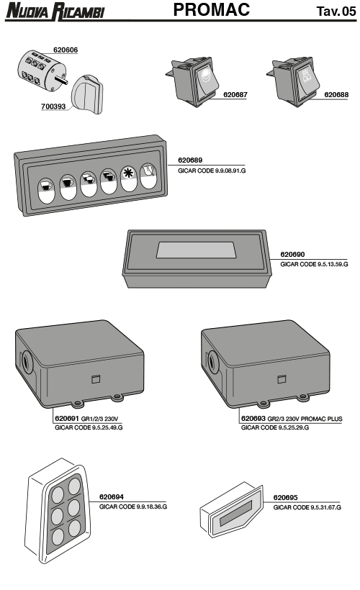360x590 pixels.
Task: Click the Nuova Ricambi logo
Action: coord(55,11)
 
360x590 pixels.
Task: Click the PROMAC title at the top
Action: coord(212,10)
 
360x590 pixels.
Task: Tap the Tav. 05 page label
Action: coord(336,12)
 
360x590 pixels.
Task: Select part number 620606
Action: coord(66,50)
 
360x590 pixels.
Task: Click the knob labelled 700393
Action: coord(87,94)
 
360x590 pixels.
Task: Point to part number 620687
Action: coord(235,95)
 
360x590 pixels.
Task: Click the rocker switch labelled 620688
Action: coord(293,81)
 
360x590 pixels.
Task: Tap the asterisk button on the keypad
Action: coord(129,178)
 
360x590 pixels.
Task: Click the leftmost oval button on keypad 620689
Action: coord(47,191)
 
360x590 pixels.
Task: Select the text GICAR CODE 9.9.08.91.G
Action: coord(212,171)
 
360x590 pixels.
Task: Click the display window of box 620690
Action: coord(196,250)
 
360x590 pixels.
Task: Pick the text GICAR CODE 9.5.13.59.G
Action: coord(314,265)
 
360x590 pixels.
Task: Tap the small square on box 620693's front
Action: coord(282,379)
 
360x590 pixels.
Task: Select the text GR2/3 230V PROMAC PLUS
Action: coord(305,419)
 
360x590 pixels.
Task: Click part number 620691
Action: coord(67,419)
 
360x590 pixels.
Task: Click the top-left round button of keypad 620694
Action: coord(58,495)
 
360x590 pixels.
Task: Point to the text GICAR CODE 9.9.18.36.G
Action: coord(133,507)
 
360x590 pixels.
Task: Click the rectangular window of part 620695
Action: coord(236,512)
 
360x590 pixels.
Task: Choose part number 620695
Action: coord(285,497)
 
